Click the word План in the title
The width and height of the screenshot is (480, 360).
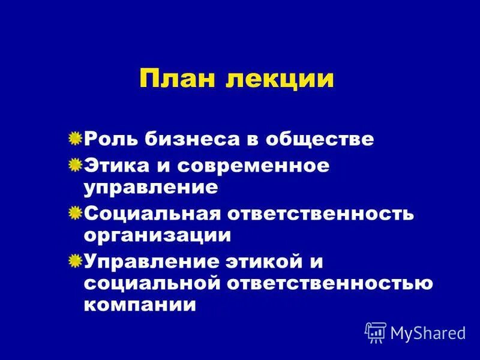(x=177, y=79)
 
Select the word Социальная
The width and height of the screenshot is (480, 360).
(x=153, y=213)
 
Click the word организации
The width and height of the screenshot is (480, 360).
(x=157, y=235)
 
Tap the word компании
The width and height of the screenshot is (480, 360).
(x=140, y=305)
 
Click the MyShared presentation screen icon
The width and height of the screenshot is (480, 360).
(x=376, y=332)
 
